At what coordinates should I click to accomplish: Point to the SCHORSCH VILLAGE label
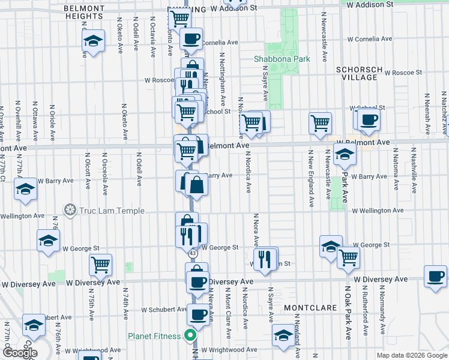point(359,73)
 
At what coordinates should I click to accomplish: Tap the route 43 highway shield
point(192,254)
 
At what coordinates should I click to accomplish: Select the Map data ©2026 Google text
point(411,355)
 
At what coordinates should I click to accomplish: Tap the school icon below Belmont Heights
point(93,41)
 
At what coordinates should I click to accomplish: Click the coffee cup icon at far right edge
point(435,277)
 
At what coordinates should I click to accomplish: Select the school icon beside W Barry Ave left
point(25,190)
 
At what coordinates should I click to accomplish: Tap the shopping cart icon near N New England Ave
point(321,123)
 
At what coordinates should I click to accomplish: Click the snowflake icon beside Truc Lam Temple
point(70,211)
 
